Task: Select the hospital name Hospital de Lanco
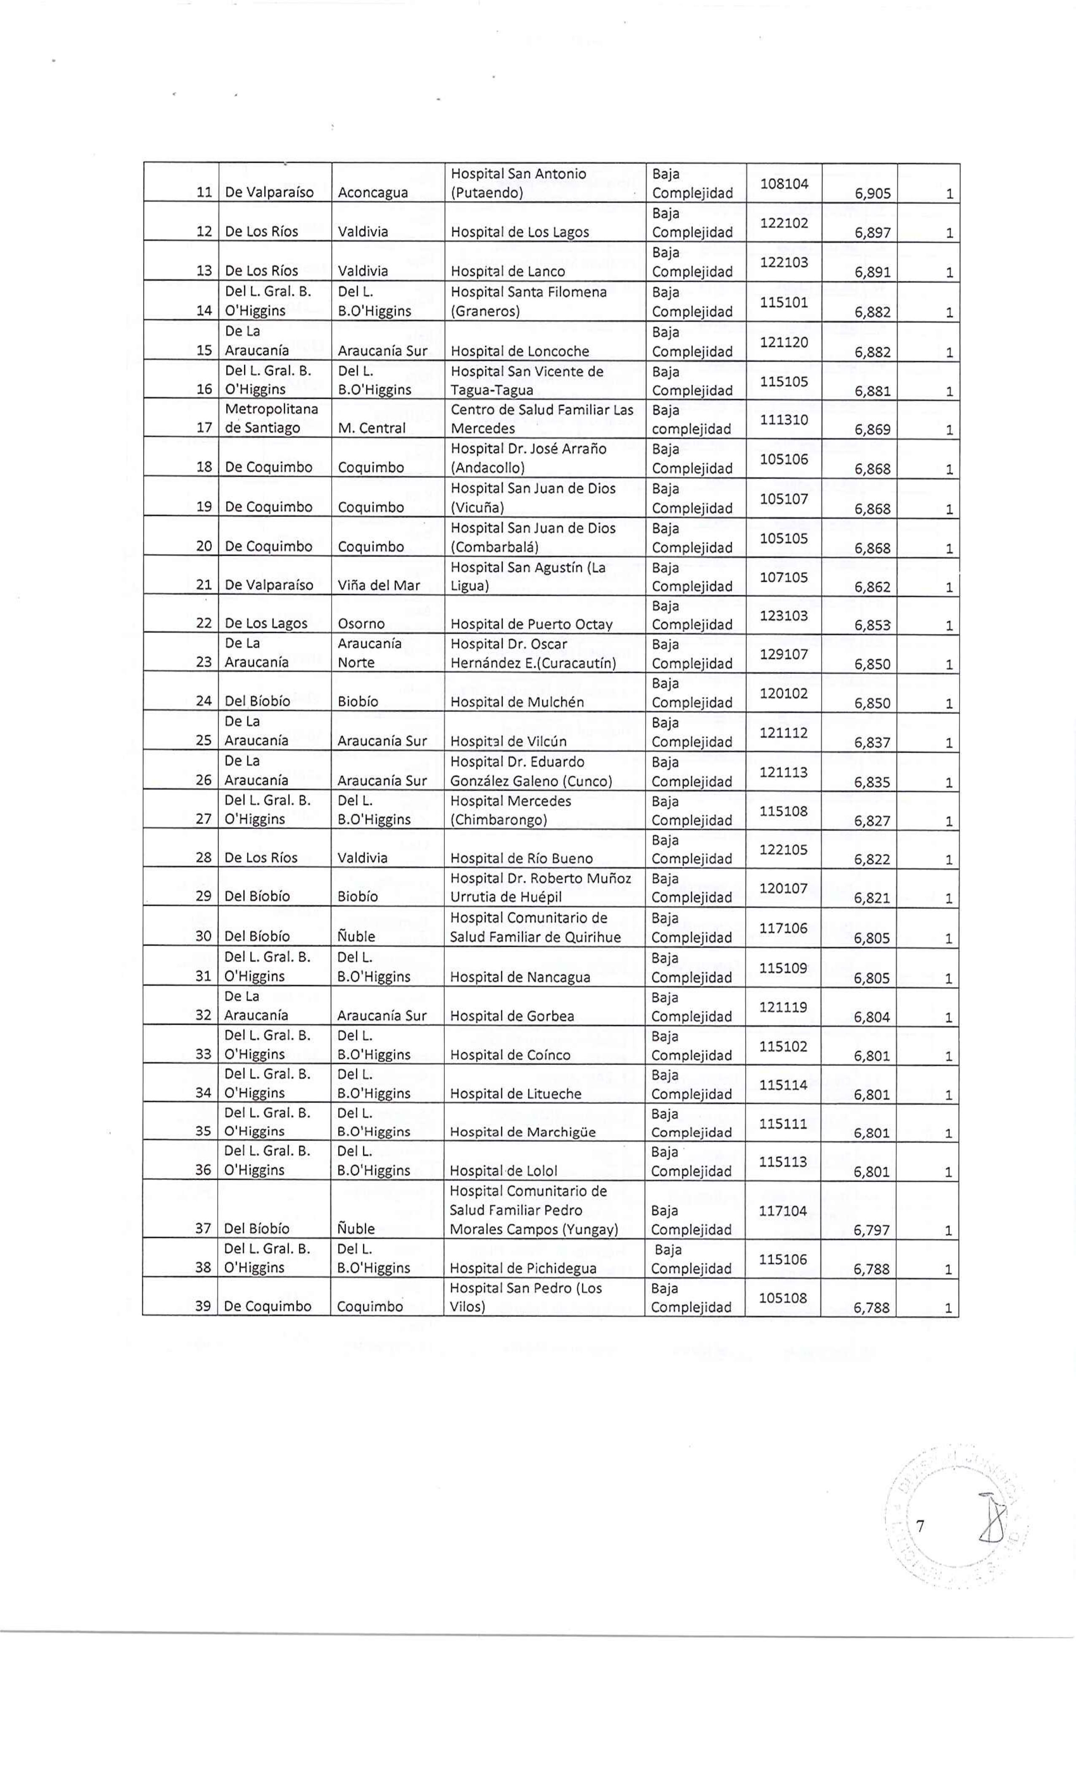point(507,272)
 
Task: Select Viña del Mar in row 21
point(378,586)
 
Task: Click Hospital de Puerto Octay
point(531,624)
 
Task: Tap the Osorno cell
point(361,624)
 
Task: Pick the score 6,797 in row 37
point(872,1230)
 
